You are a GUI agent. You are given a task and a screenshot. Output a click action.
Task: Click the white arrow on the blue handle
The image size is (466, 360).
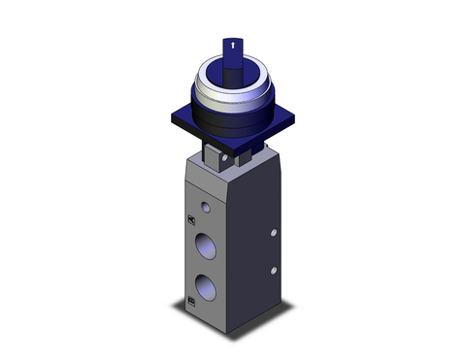tap(232, 45)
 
